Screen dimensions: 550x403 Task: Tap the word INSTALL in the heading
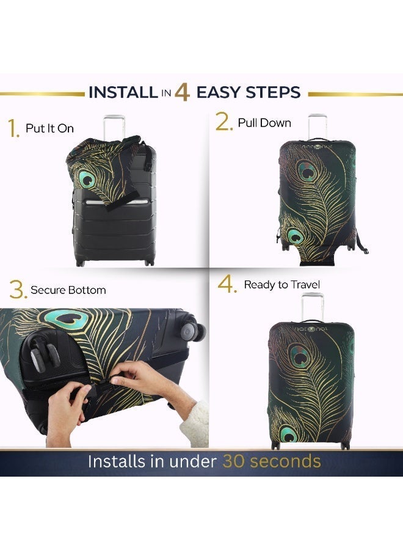pyautogui.click(x=123, y=93)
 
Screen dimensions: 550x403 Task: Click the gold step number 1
pyautogui.click(x=13, y=129)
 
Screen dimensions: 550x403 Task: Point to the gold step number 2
pyautogui.click(x=224, y=122)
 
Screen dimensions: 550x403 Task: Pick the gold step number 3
pyautogui.click(x=18, y=290)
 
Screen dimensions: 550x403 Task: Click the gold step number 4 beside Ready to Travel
pyautogui.click(x=227, y=285)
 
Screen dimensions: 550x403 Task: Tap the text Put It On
pyautogui.click(x=49, y=128)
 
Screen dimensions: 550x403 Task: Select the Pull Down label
pyautogui.click(x=264, y=123)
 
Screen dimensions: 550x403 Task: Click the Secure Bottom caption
pyautogui.click(x=68, y=290)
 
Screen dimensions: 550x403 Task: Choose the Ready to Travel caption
pyautogui.click(x=282, y=285)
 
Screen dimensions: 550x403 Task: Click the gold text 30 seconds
pyautogui.click(x=272, y=461)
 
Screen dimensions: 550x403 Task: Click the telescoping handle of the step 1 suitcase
pyautogui.click(x=111, y=126)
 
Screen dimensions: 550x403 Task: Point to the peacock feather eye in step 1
pyautogui.click(x=88, y=179)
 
